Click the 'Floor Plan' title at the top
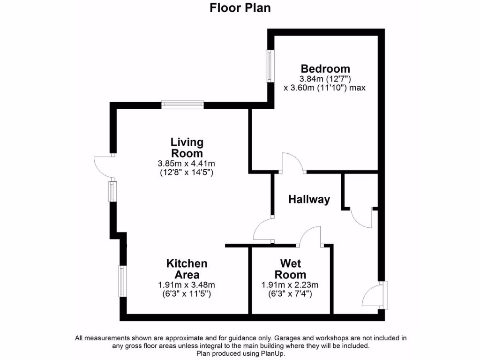pos(240,8)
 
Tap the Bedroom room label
pos(325,69)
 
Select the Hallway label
pos(309,199)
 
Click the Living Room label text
pos(187,147)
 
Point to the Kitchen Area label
pos(187,269)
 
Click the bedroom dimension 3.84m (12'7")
pos(325,79)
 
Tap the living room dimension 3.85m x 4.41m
pos(187,164)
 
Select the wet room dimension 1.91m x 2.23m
pos(290,285)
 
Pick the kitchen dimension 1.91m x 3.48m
pos(187,285)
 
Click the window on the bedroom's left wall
pos(270,66)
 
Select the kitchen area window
pos(122,281)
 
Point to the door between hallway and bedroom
pos(292,163)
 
